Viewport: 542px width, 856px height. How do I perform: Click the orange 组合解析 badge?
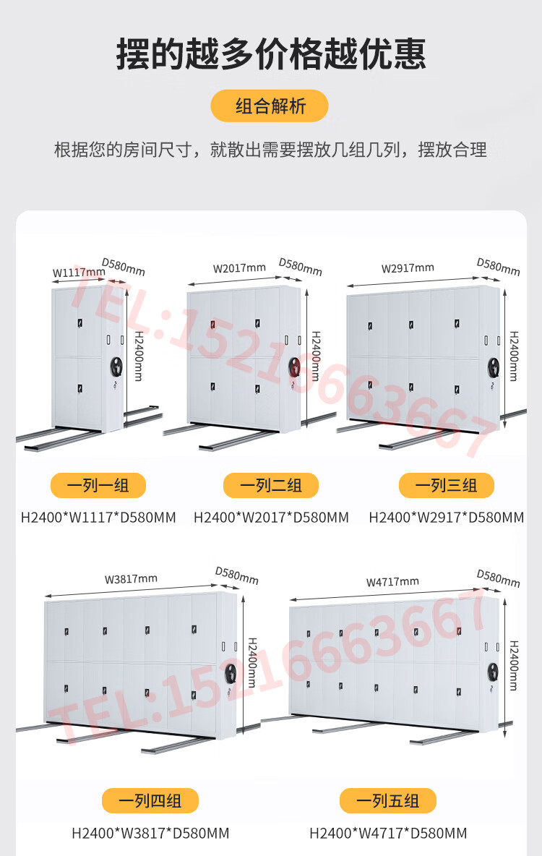pos(269,106)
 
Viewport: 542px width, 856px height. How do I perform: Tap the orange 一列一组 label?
pos(98,485)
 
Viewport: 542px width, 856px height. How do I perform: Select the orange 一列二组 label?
pos(271,485)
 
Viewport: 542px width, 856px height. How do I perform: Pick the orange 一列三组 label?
pos(447,485)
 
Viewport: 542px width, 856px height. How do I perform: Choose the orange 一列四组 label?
pos(150,801)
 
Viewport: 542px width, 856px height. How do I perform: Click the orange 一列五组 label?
pos(388,801)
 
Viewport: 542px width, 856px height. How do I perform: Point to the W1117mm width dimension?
pos(79,273)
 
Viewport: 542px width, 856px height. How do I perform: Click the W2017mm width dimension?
pos(239,268)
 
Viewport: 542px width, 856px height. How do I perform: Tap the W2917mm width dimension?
pos(408,268)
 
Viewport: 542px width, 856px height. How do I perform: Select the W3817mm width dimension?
pos(131,578)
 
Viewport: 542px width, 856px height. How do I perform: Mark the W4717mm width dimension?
pos(392,582)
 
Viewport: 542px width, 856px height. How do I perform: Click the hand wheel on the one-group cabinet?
pos(116,367)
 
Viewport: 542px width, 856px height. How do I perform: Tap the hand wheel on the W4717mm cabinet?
pos(493,672)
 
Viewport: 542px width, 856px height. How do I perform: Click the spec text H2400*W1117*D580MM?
pos(98,518)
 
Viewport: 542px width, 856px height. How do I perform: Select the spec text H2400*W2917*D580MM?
pos(447,518)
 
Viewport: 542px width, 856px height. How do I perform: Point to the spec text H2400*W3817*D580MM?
pos(150,833)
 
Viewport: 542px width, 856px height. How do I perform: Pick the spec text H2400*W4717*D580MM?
pos(388,833)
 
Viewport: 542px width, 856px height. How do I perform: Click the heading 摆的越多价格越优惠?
pos(271,54)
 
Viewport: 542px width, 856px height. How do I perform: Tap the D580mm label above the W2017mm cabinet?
pos(300,267)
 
